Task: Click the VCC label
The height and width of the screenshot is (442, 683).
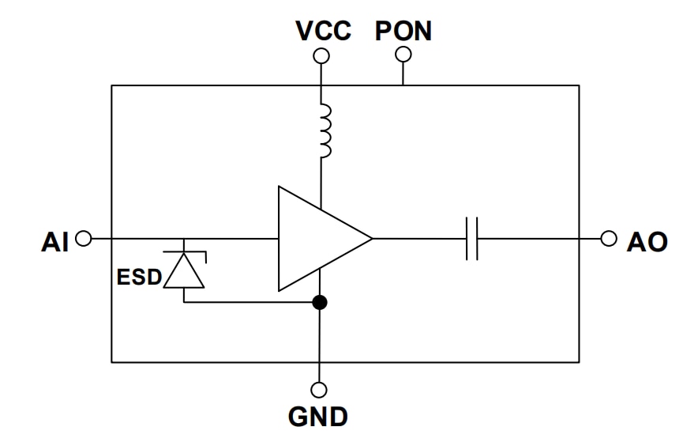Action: (324, 31)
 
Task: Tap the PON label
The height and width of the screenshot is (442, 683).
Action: (403, 31)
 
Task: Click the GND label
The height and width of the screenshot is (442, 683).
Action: (319, 416)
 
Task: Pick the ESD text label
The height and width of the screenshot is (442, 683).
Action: (139, 278)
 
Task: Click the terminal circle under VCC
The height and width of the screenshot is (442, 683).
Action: (320, 56)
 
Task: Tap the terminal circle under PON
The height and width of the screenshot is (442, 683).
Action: (403, 55)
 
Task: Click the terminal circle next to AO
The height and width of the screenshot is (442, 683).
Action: (608, 238)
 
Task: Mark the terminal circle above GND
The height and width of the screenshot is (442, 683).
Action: (319, 390)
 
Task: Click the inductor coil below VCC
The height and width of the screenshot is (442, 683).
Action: (323, 130)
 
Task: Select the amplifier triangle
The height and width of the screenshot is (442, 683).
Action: (316, 238)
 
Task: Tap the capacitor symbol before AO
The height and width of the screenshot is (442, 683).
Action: (472, 238)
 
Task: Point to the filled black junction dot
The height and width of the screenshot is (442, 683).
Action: (319, 302)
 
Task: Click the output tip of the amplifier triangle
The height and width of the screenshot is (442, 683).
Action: (370, 238)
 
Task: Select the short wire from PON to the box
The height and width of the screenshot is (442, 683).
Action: (403, 74)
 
